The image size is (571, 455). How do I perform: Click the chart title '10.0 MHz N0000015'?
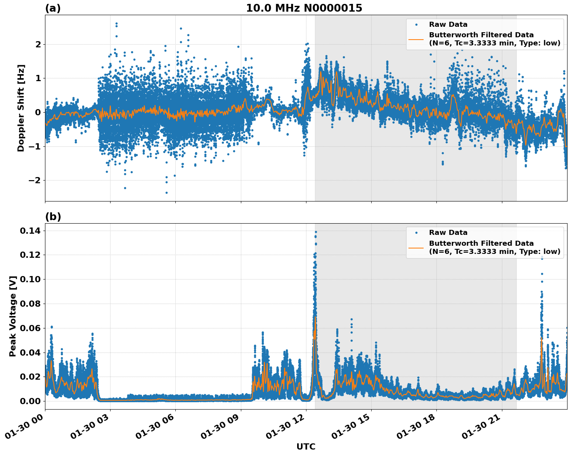click(x=304, y=8)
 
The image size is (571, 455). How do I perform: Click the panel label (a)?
click(x=53, y=8)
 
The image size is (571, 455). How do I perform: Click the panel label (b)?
click(x=53, y=217)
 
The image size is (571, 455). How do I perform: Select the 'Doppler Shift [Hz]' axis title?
click(x=21, y=108)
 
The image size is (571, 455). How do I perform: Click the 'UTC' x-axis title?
click(x=306, y=446)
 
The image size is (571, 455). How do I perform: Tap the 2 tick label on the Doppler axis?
click(x=38, y=44)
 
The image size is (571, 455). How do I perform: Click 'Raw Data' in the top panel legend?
click(x=448, y=24)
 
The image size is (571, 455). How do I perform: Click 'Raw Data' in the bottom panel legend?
click(x=448, y=233)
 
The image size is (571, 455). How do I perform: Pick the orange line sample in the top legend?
click(x=416, y=39)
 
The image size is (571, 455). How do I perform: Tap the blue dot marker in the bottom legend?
click(x=416, y=233)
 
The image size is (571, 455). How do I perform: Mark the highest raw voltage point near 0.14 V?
click(x=316, y=232)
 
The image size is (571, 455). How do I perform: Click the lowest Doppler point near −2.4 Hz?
click(x=166, y=193)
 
